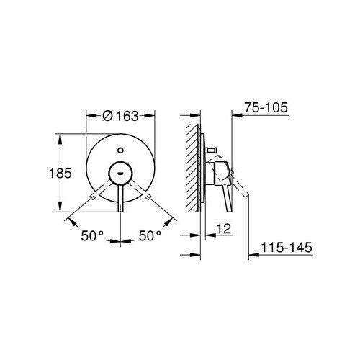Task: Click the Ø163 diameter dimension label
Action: click(120, 116)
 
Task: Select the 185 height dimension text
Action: click(60, 173)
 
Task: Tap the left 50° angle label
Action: click(92, 235)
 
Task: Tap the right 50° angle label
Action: click(150, 235)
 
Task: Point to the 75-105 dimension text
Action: click(266, 107)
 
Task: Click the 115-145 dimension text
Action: click(287, 247)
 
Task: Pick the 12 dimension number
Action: click(224, 228)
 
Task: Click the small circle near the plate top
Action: click(120, 150)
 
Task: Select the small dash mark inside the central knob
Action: click(120, 173)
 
